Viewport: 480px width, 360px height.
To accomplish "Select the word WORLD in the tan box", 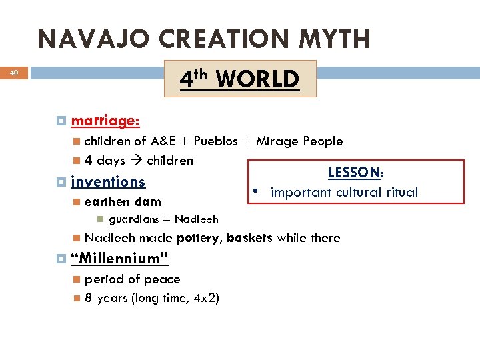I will pos(257,79).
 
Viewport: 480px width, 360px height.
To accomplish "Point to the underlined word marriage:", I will pos(105,121).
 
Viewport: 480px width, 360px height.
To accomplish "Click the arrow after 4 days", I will pos(136,161).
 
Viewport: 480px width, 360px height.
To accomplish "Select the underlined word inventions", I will pos(108,181).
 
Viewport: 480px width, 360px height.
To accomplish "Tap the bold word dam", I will pos(147,201).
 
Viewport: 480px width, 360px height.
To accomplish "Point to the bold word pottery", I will pos(199,238).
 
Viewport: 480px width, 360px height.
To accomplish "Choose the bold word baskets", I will pos(250,238).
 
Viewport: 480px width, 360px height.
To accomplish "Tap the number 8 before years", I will pos(88,298).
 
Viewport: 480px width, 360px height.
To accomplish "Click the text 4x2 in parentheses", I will pos(203,298).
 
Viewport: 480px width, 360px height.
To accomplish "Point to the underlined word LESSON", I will pos(354,173).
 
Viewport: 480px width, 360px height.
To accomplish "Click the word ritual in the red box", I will pos(399,192).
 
